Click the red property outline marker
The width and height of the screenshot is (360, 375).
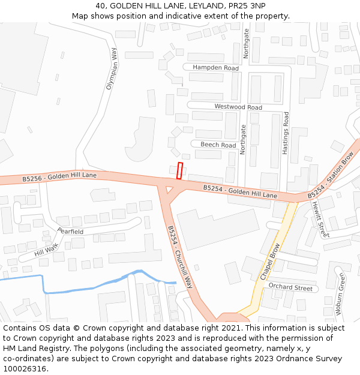click(179, 170)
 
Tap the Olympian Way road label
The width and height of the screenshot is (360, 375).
click(112, 69)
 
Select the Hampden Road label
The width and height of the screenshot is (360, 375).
click(215, 68)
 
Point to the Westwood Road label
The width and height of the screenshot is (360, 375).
click(238, 107)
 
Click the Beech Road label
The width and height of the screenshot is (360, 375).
click(218, 145)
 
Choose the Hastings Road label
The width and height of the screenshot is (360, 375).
click(286, 134)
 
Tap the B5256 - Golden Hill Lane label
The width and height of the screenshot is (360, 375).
click(59, 177)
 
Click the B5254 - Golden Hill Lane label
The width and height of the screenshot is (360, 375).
click(240, 191)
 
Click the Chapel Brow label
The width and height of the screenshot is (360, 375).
click(271, 261)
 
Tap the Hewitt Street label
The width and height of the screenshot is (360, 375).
click(320, 218)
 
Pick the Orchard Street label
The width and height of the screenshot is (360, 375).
click(290, 287)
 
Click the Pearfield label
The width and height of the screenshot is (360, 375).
click(70, 231)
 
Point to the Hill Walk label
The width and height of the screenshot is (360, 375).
click(47, 250)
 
